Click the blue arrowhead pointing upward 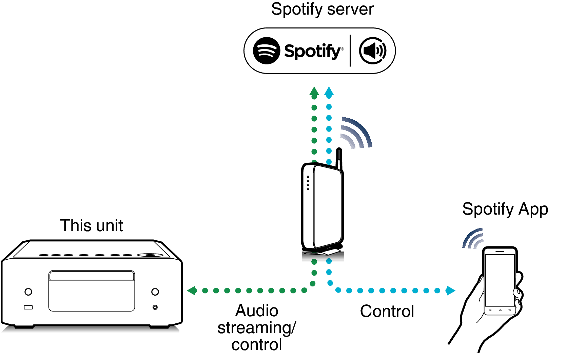point(329,91)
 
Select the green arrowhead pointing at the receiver point(192,291)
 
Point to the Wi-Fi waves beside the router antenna point(356,133)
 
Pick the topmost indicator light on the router point(308,177)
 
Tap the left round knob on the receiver point(28,292)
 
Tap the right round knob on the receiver point(155,292)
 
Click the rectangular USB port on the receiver point(28,307)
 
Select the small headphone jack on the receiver point(155,307)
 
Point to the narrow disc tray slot point(92,276)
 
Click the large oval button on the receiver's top point(150,255)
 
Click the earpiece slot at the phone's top point(500,252)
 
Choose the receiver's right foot point(159,327)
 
